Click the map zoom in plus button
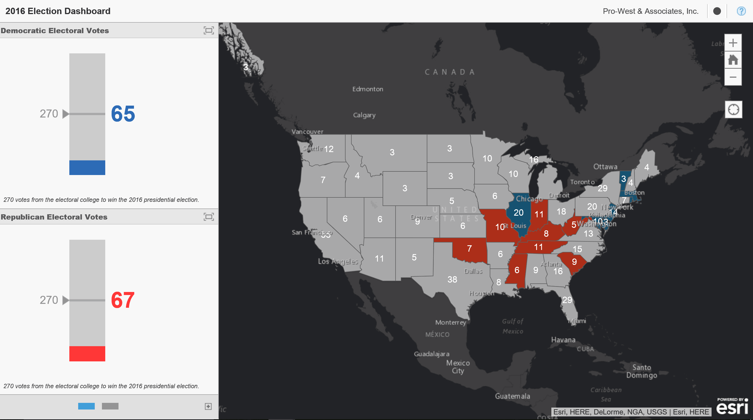tap(733, 43)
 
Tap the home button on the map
tap(733, 60)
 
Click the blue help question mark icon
tap(741, 11)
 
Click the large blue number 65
tap(123, 114)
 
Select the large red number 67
tap(123, 300)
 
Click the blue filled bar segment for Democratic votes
tap(87, 168)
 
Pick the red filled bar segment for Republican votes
tap(87, 354)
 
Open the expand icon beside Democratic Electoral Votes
tap(209, 30)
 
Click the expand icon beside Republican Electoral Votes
tap(209, 217)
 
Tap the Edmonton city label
tap(367, 89)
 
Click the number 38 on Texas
tap(452, 280)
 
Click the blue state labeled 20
tap(518, 212)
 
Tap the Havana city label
tap(563, 340)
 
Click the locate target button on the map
tap(733, 110)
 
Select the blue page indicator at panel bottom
tap(86, 406)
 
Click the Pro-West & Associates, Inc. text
tap(651, 11)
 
